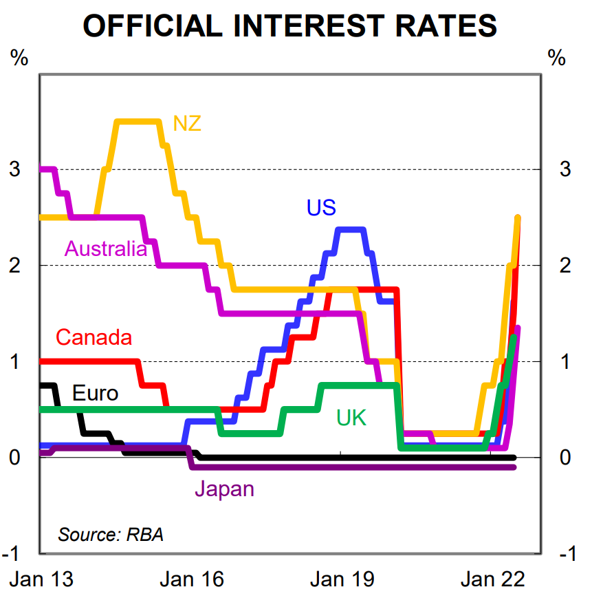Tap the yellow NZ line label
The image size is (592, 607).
point(187,123)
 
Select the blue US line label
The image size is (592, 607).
point(321,207)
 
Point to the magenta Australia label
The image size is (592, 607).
point(106,248)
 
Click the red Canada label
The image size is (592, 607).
point(94,338)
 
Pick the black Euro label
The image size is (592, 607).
point(95,393)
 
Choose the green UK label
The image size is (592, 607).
point(351,417)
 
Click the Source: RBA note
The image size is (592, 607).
point(111,534)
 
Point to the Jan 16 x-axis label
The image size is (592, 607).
point(192,579)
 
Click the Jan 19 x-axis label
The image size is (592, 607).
point(342,579)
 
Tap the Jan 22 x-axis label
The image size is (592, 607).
point(492,579)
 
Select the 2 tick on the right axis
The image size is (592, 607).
point(566,266)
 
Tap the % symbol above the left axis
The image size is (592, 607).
point(19,58)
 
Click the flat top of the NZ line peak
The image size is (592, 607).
point(138,122)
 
